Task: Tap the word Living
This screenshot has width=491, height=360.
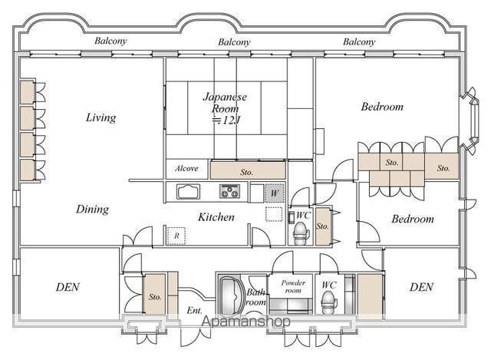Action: coord(101,117)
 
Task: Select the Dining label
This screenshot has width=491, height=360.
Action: coord(92,210)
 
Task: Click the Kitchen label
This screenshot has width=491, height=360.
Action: coord(216,216)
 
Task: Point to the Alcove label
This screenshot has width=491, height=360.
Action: coord(186,169)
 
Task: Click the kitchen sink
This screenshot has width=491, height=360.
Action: coord(188,191)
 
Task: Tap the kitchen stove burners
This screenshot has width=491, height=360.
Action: coord(230,191)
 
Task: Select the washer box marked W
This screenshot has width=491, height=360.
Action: coord(275,193)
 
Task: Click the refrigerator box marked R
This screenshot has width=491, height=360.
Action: coord(176,236)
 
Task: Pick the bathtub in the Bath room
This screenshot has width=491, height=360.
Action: coord(231,296)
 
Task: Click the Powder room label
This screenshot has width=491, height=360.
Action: coord(293,286)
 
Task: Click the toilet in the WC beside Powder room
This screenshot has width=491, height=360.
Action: coord(329,302)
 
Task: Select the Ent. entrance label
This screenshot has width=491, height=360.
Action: coord(194,311)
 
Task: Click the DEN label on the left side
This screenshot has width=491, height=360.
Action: coord(68,287)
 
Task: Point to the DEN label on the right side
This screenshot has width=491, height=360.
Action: coord(421,287)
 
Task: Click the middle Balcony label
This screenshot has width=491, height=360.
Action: coord(234,42)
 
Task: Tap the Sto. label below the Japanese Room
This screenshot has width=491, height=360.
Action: coord(247,172)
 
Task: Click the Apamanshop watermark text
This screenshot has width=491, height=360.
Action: coord(245,322)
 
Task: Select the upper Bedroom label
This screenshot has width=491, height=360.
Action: coord(382,107)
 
